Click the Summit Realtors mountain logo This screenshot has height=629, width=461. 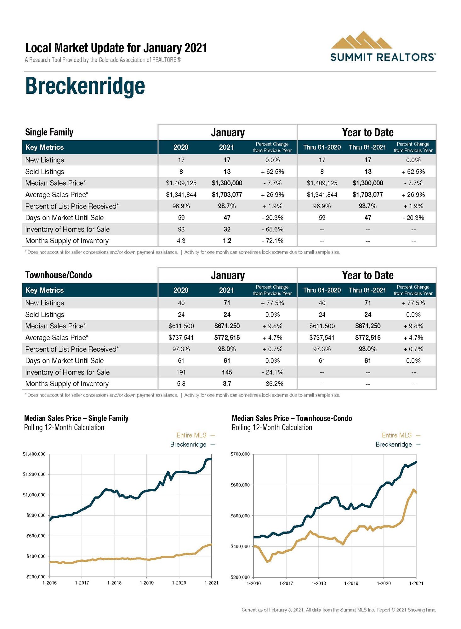[x=361, y=40]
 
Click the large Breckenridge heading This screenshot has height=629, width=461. [x=85, y=86]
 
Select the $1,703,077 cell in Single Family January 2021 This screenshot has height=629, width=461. [x=227, y=195]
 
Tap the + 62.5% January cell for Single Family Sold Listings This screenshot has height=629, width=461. [x=272, y=172]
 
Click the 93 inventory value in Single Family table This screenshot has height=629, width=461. [x=181, y=229]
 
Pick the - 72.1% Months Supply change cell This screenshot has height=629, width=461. [x=272, y=241]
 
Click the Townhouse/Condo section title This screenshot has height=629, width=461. [x=59, y=275]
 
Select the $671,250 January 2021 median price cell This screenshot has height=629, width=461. [x=227, y=326]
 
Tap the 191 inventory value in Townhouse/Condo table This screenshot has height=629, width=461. [x=181, y=372]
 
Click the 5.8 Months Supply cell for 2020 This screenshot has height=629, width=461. [x=181, y=384]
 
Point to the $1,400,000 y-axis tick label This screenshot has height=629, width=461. [x=34, y=454]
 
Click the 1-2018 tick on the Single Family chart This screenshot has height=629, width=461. [x=114, y=583]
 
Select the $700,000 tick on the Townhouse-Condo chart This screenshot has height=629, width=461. [x=240, y=454]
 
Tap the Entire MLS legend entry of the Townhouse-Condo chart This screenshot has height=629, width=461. [x=397, y=435]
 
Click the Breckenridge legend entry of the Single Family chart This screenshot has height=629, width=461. [x=188, y=444]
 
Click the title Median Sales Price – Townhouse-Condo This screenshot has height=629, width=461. [x=292, y=418]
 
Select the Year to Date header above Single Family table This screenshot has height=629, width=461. [x=367, y=132]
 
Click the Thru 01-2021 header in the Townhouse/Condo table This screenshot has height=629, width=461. [x=367, y=290]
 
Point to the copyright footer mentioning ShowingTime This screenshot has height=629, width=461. [x=339, y=610]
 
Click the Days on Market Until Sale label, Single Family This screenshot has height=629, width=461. [x=65, y=218]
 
